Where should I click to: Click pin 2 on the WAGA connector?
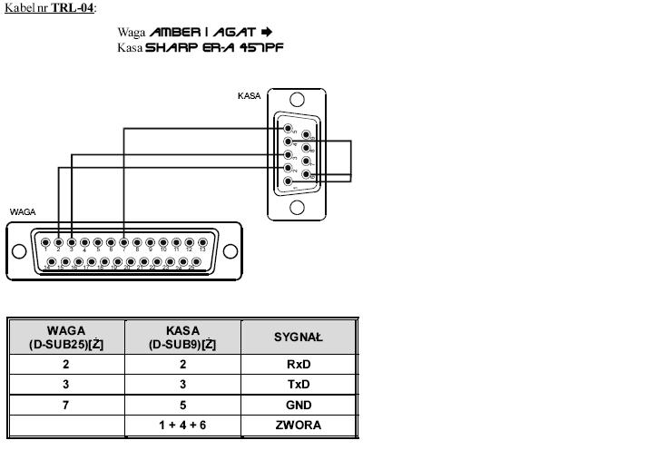tap(58, 242)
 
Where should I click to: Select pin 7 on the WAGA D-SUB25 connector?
tap(123, 242)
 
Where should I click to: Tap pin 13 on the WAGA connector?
tap(201, 242)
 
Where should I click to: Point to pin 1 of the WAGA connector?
tap(45, 242)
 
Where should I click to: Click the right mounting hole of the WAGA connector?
tap(230, 251)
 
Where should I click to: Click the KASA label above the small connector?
tap(249, 95)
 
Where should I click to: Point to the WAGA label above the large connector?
tap(23, 211)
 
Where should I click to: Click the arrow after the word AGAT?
tap(266, 33)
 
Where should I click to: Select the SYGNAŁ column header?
tap(299, 337)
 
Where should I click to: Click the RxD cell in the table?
tap(299, 364)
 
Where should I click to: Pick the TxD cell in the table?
tap(299, 385)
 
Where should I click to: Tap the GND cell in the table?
tap(299, 405)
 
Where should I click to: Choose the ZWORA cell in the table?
tap(299, 425)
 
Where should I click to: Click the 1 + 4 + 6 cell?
tap(183, 425)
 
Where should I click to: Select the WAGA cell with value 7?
tap(66, 405)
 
